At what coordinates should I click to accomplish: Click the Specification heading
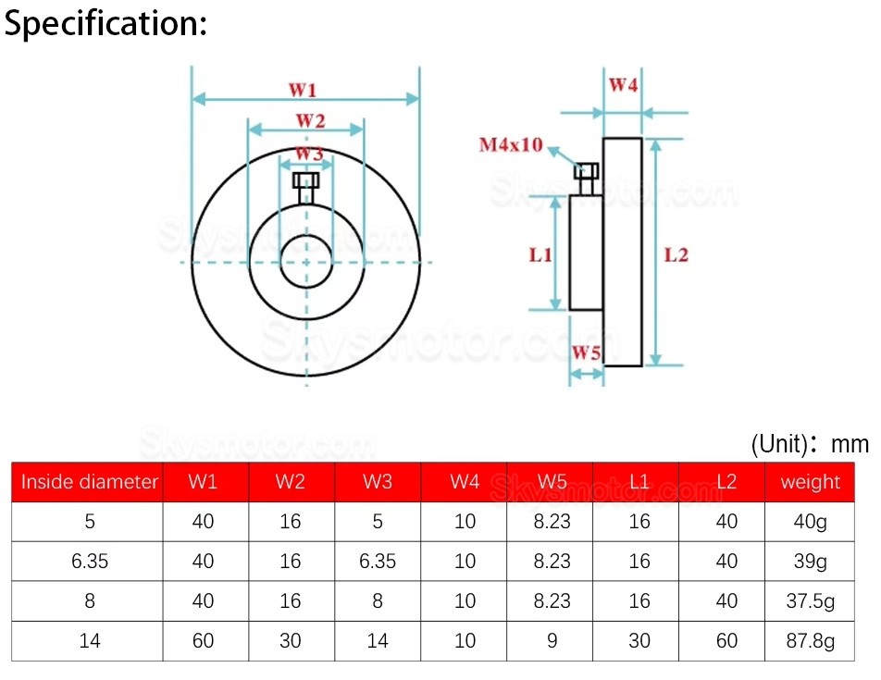pyautogui.click(x=105, y=23)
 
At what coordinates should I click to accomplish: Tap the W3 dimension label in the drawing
pyautogui.click(x=308, y=154)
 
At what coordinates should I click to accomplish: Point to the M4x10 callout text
pyautogui.click(x=510, y=145)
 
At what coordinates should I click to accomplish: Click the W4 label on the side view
pyautogui.click(x=623, y=85)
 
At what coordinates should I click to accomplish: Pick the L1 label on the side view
pyautogui.click(x=540, y=254)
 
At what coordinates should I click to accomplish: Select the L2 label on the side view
pyautogui.click(x=676, y=254)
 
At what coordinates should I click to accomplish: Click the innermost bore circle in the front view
pyautogui.click(x=305, y=263)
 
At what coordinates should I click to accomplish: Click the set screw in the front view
pyautogui.click(x=305, y=184)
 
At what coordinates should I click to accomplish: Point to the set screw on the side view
pyautogui.click(x=586, y=176)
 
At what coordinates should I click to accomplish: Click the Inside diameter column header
pyautogui.click(x=90, y=481)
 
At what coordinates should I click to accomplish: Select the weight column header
pyautogui.click(x=810, y=481)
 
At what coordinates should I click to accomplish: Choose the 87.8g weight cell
pyautogui.click(x=810, y=640)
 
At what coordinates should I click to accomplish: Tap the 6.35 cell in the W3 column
pyautogui.click(x=378, y=561)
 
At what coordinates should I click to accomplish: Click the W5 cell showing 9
pyautogui.click(x=552, y=640)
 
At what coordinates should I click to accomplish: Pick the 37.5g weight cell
pyautogui.click(x=810, y=600)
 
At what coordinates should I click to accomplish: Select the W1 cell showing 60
pyautogui.click(x=203, y=640)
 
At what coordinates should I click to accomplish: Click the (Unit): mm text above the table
pyautogui.click(x=810, y=443)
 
